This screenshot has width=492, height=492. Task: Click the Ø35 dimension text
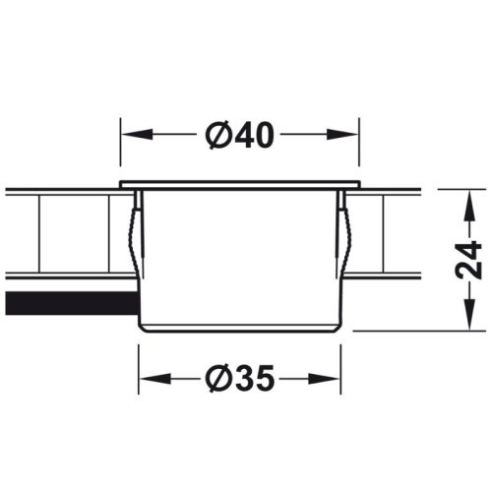tap(239, 377)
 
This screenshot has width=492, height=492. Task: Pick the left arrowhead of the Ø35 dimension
tap(149, 377)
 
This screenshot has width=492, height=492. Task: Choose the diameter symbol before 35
tap(220, 377)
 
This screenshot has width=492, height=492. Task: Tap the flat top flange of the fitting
tap(239, 184)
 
